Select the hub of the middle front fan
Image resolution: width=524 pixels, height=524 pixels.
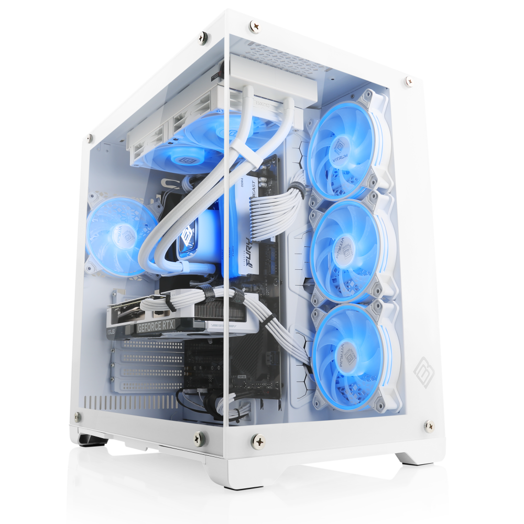pyautogui.click(x=343, y=250)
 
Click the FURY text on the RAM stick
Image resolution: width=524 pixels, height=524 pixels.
pyautogui.click(x=247, y=257)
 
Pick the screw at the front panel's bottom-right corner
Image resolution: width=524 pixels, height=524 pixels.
pyautogui.click(x=429, y=425)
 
